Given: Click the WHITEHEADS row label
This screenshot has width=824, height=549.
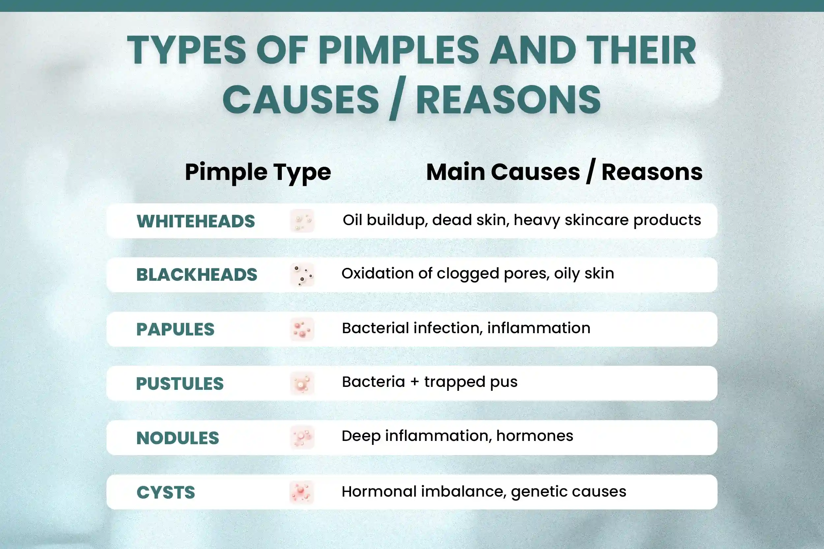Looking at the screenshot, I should point(196,221).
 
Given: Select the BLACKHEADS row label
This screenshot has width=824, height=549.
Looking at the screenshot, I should point(197,274).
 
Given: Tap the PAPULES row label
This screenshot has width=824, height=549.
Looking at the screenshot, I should point(175,329).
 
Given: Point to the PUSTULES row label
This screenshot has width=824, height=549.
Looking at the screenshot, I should point(180,383).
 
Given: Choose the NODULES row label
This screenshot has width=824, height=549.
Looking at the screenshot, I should point(178,438).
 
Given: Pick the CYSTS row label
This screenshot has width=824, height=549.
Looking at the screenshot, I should point(166,492).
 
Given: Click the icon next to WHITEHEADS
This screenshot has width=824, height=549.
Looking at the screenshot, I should point(302,221).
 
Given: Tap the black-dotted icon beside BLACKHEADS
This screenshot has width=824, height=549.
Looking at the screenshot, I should point(302,275).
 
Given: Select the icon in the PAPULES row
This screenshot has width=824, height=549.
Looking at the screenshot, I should point(302,329).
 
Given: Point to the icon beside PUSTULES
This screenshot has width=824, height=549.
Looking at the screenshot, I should point(302,383).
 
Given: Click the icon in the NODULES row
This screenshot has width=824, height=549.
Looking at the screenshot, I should point(302,437).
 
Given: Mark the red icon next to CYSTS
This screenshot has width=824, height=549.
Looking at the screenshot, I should point(302,492).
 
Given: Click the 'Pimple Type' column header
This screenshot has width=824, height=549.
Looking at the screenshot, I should point(258,172).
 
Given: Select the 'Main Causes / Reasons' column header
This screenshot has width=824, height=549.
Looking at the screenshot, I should point(564,172).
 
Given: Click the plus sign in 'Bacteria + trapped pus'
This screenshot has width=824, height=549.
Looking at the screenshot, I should point(415,382).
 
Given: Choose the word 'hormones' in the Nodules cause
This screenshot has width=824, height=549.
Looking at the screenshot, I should point(535,436).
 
